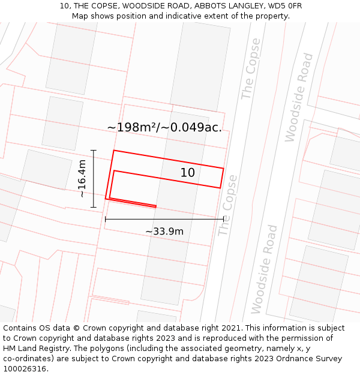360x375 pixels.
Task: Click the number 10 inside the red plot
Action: click(x=188, y=173)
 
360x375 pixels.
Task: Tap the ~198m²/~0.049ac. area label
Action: click(x=164, y=127)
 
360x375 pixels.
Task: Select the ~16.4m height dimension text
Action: click(x=82, y=178)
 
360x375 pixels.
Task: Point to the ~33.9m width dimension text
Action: click(x=164, y=231)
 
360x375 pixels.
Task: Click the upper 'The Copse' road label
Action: click(x=251, y=69)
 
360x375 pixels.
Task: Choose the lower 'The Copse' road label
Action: click(x=228, y=205)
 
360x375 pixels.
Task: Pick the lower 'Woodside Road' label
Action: click(x=265, y=269)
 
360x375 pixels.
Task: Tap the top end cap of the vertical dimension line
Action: click(x=94, y=150)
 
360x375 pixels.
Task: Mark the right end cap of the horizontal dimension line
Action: click(x=223, y=219)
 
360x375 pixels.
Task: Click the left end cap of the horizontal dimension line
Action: click(x=106, y=219)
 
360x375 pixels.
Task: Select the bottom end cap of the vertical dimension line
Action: click(x=94, y=207)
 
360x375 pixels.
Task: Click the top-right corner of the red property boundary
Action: click(x=223, y=169)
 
